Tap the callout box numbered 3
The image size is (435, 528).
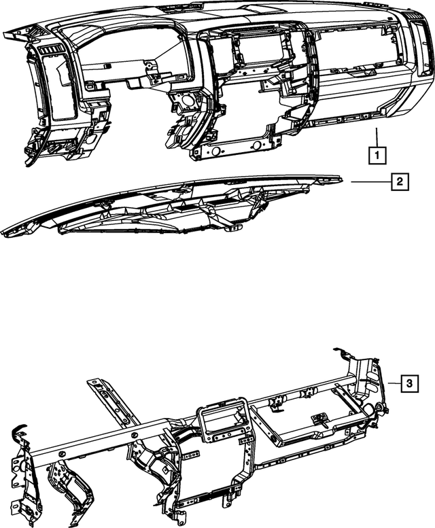(x=408, y=384)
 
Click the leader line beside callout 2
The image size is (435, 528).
(x=370, y=181)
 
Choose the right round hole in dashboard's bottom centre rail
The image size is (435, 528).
(x=256, y=145)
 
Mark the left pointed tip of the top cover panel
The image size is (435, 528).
(x=5, y=234)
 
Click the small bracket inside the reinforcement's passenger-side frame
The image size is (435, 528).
(x=317, y=421)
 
